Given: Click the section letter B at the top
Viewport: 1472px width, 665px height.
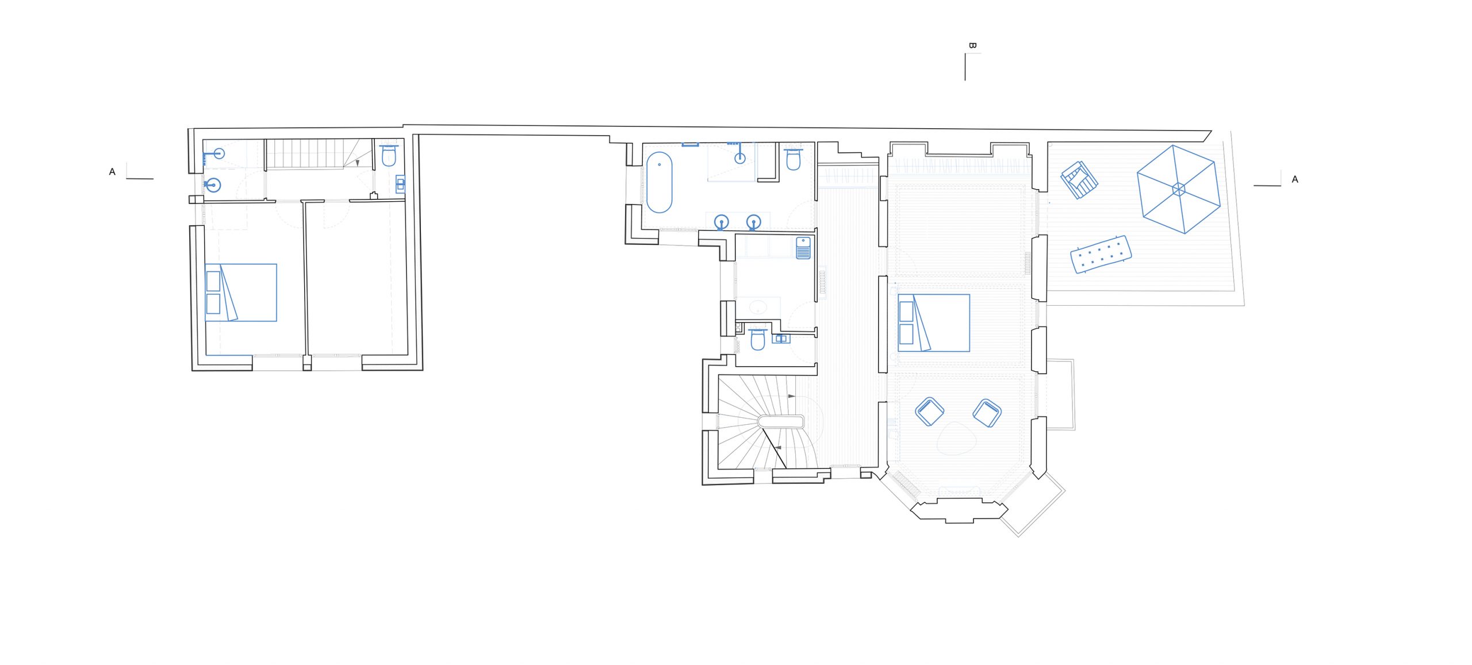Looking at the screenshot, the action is click(x=972, y=45).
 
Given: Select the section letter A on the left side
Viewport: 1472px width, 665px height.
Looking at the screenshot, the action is click(x=112, y=172).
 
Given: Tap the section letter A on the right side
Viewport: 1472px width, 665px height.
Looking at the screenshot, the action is click(x=1295, y=179).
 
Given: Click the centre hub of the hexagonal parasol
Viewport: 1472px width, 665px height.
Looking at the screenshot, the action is click(x=1179, y=189).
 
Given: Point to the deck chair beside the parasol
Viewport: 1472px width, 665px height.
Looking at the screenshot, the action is click(x=1079, y=179).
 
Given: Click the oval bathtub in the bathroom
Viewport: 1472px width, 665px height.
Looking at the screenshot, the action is click(x=659, y=182).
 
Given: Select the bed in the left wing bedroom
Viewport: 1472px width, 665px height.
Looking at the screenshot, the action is click(x=241, y=293).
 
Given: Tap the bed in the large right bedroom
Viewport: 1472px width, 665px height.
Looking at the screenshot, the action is click(x=934, y=322).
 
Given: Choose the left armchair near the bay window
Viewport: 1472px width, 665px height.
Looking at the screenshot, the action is click(x=930, y=412).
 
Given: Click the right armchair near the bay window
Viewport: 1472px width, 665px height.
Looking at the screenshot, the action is click(x=987, y=413).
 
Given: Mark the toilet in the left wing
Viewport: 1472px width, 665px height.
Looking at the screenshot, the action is click(x=389, y=156).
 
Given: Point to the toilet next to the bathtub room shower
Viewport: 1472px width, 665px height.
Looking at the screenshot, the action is click(x=793, y=159).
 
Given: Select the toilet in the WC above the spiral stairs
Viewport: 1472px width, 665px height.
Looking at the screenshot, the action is click(x=758, y=340).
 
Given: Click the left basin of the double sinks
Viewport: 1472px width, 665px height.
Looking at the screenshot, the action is click(x=721, y=222).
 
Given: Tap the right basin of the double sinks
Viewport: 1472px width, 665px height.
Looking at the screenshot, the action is click(x=753, y=222).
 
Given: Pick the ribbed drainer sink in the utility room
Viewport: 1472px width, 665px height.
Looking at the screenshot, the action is click(x=803, y=248).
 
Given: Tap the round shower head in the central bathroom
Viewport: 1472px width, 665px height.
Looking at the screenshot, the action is click(x=740, y=157).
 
